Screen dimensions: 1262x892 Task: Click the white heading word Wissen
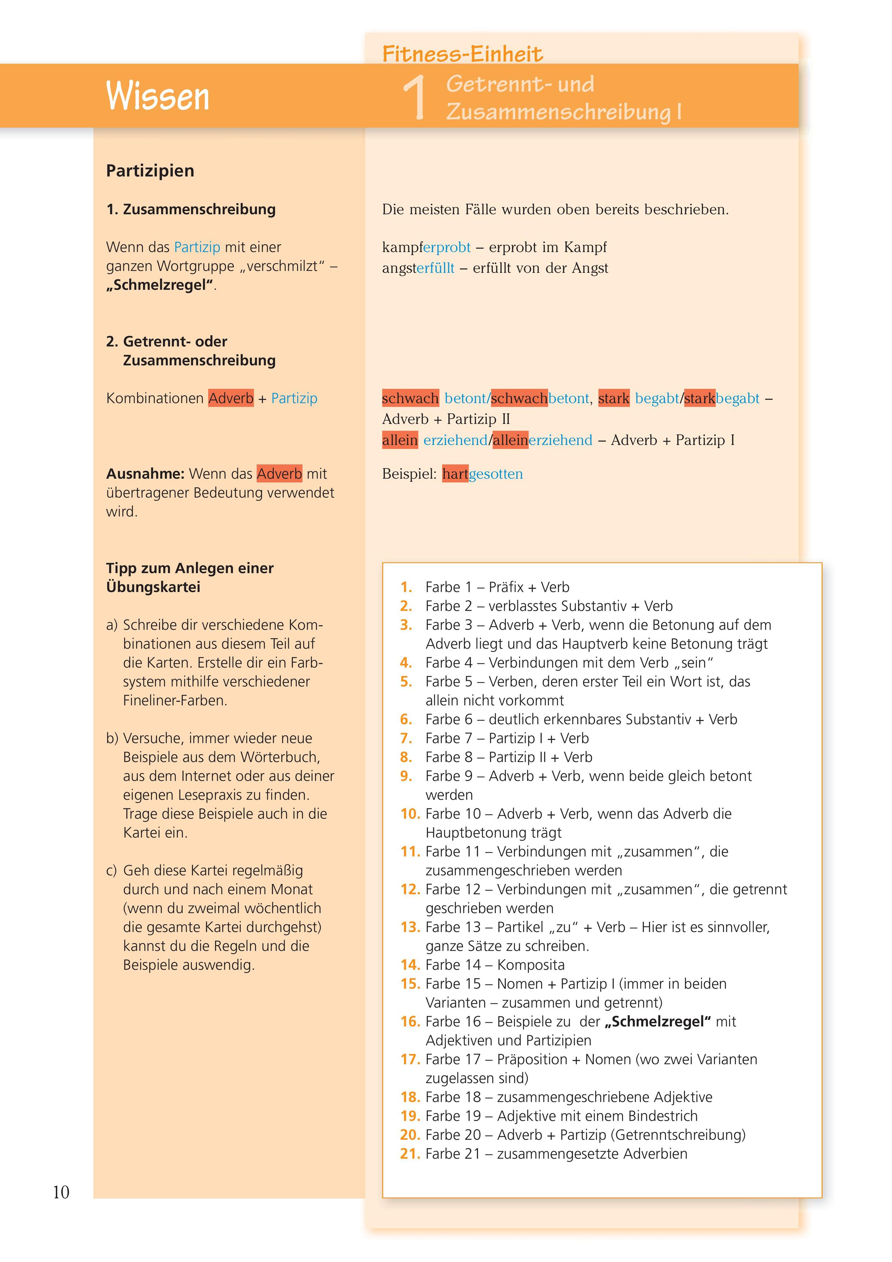tap(158, 96)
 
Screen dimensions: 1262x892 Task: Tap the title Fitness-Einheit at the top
tap(462, 54)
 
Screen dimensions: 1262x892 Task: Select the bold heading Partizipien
tap(150, 171)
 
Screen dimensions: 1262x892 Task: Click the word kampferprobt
tap(426, 248)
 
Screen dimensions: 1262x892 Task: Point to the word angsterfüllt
tap(418, 268)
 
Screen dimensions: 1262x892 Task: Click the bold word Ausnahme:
tap(145, 474)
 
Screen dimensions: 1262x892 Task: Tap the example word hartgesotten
tap(482, 474)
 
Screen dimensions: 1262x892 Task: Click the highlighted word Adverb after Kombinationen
tap(231, 399)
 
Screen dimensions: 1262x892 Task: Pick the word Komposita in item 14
tap(530, 964)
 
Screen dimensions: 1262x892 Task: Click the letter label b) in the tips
tap(112, 738)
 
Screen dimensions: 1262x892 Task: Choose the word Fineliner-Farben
tap(175, 700)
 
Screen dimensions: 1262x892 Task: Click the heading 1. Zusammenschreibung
tap(191, 209)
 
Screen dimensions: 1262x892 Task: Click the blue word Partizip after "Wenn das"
tap(197, 248)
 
